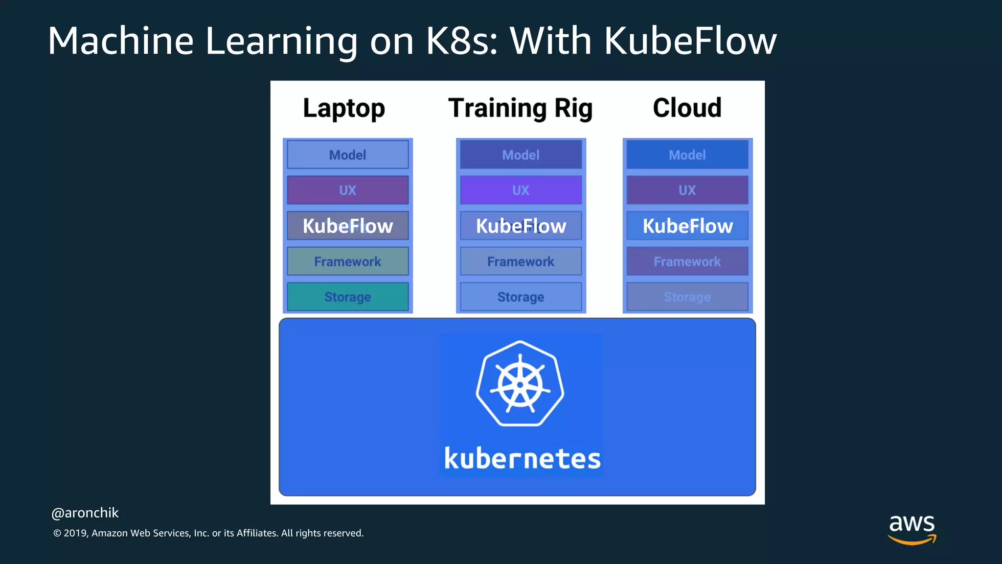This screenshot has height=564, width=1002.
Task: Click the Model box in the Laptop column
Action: point(347,155)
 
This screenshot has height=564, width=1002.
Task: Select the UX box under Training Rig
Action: point(521,190)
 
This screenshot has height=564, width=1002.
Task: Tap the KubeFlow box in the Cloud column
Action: point(687,226)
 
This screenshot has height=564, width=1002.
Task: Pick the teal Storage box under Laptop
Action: point(347,297)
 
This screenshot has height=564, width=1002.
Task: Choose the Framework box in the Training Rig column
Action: point(521,261)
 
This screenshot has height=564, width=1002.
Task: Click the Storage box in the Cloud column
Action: point(687,297)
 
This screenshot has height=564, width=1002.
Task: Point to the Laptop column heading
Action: point(344,108)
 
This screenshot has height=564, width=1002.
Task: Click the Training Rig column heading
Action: point(520,108)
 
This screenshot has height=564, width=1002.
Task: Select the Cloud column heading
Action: point(687,108)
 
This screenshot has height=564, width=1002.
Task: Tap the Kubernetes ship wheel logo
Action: point(520,383)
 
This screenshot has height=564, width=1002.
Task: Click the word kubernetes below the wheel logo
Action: point(522,459)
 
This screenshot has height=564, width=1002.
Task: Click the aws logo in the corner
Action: point(912,528)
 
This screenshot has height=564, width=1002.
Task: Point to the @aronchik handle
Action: point(85,513)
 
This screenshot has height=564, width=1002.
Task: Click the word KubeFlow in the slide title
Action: point(690,41)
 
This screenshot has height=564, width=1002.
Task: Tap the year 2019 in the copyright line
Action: point(75,533)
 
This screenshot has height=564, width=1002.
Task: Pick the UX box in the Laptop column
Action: point(347,190)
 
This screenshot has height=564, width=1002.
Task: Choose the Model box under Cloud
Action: point(687,155)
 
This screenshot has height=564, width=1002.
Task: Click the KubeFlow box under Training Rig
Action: point(521,226)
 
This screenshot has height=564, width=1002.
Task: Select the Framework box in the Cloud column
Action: point(687,261)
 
